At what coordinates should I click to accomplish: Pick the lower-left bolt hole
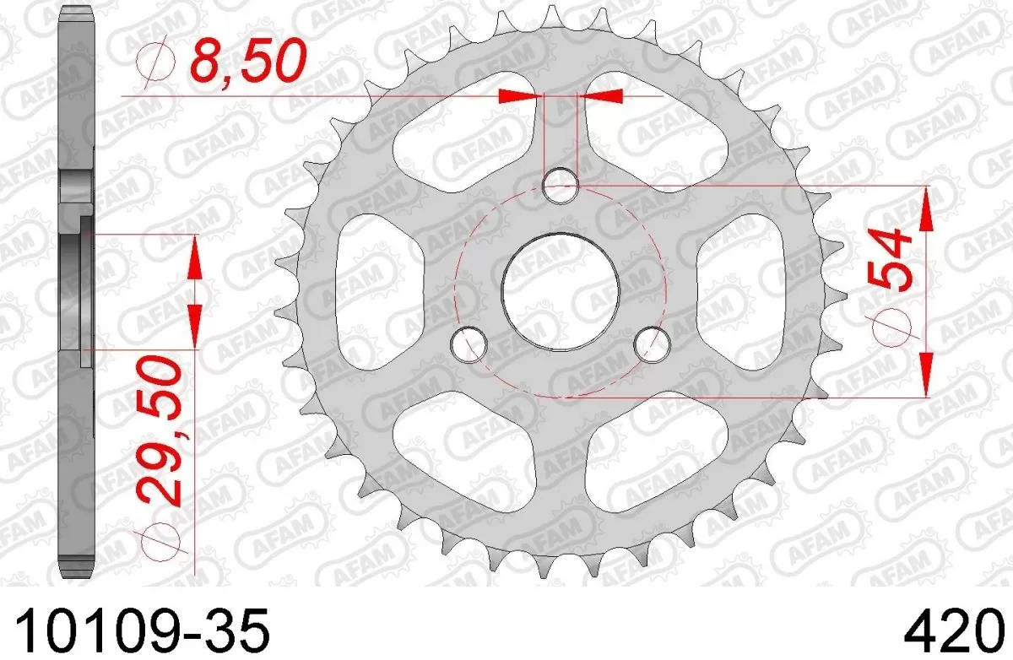469,342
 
